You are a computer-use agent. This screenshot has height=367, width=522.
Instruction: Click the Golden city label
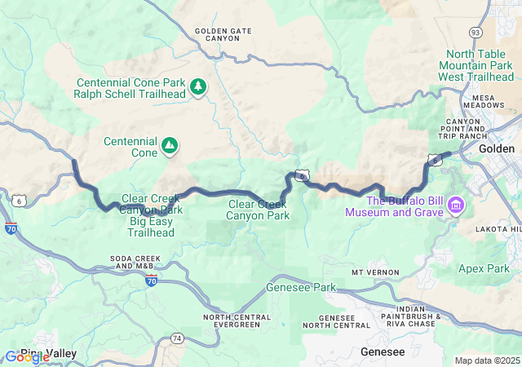tap(496, 149)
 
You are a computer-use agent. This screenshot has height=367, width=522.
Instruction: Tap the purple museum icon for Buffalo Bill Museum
tap(455, 206)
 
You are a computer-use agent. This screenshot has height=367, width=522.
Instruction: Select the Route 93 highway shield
tap(475, 32)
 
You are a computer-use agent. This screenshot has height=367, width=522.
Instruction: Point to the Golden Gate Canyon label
tap(223, 36)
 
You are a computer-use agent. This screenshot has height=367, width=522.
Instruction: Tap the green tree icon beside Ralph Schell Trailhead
tap(197, 86)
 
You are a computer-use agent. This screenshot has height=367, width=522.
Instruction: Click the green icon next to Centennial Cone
tap(169, 146)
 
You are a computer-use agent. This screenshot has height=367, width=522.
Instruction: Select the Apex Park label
tap(495, 268)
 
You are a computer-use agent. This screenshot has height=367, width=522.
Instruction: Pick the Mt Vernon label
tap(375, 272)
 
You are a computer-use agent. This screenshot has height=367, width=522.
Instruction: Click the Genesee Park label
tap(301, 288)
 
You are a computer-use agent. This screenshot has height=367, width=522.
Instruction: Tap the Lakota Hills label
tap(499, 230)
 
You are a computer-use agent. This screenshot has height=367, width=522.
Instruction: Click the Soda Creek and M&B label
tap(131, 263)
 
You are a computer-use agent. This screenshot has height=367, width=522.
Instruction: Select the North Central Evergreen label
tap(232, 321)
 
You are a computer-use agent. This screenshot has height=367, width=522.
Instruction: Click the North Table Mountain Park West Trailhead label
tap(477, 65)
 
